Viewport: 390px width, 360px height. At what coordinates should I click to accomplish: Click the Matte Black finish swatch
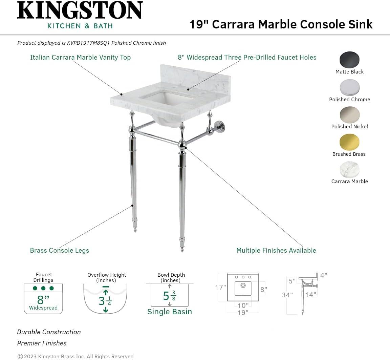click(x=349, y=60)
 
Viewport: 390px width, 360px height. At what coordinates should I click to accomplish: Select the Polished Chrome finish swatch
click(x=349, y=88)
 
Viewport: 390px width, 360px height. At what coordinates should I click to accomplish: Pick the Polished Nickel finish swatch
click(x=349, y=115)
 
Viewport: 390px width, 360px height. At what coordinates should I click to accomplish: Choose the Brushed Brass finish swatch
click(x=349, y=142)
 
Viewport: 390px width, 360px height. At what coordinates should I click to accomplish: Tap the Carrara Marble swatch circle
click(x=349, y=170)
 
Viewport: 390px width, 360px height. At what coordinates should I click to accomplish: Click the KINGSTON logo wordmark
click(x=80, y=11)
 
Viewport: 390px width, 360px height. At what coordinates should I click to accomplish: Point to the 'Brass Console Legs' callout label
click(x=60, y=251)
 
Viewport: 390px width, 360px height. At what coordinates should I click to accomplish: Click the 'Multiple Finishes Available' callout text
click(x=276, y=251)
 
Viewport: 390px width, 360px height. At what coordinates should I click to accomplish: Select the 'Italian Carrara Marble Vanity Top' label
click(x=80, y=57)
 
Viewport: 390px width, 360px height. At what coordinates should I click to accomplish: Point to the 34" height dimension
click(x=287, y=295)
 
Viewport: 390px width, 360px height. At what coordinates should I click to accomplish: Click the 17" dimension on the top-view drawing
click(x=220, y=287)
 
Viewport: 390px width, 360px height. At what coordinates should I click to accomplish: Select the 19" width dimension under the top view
click(x=243, y=312)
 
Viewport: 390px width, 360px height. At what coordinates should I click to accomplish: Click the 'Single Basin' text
click(x=170, y=312)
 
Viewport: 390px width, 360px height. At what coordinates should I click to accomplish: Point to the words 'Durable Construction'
click(x=49, y=332)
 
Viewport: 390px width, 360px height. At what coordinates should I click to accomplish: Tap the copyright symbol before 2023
click(x=20, y=356)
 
